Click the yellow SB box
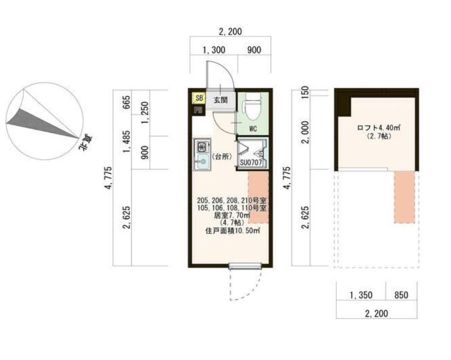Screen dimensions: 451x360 (x=199, y=98)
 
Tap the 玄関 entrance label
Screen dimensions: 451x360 (x=221, y=100)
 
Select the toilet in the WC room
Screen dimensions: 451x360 (x=253, y=106)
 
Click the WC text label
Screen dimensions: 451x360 (x=253, y=129)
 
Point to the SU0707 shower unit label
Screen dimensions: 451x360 (x=251, y=162)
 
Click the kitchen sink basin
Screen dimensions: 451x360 (x=203, y=161)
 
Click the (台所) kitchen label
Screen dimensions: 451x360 (x=222, y=157)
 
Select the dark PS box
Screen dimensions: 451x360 (x=198, y=110)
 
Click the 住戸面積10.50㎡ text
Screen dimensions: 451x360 (x=233, y=231)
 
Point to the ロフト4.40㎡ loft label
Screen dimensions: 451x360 (x=379, y=127)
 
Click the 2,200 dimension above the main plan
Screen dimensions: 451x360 (x=230, y=31)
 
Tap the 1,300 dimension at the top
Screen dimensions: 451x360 (x=214, y=50)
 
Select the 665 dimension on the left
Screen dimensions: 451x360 (x=126, y=102)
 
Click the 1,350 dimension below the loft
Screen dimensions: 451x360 (x=361, y=295)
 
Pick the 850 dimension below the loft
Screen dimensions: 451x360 (x=401, y=295)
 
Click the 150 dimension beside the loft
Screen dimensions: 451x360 (x=305, y=91)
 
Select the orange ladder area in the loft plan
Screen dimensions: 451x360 (x=404, y=197)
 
